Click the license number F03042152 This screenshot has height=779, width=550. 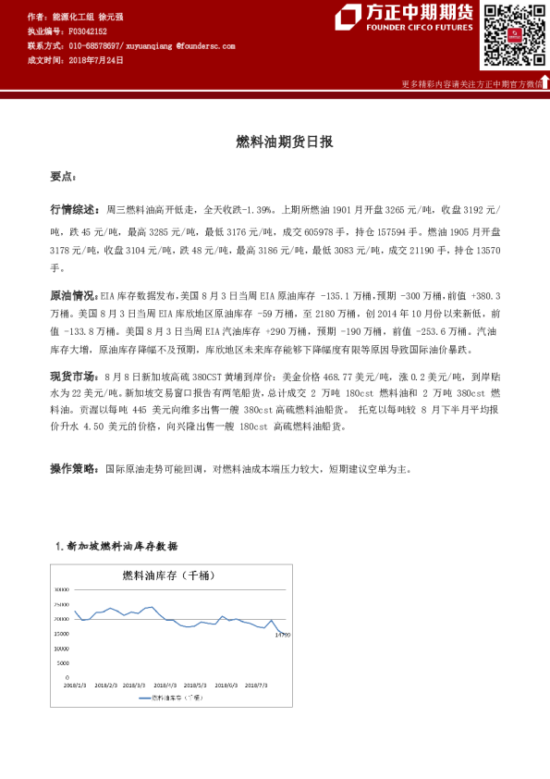point(88,31)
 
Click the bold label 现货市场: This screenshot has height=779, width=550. point(73,377)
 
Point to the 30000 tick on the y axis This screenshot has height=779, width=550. point(62,590)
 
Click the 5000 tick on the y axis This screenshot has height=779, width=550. point(63,663)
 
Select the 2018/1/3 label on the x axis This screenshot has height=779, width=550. point(75,686)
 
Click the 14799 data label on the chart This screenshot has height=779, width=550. point(282,635)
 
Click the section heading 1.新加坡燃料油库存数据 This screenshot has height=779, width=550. point(128,546)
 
